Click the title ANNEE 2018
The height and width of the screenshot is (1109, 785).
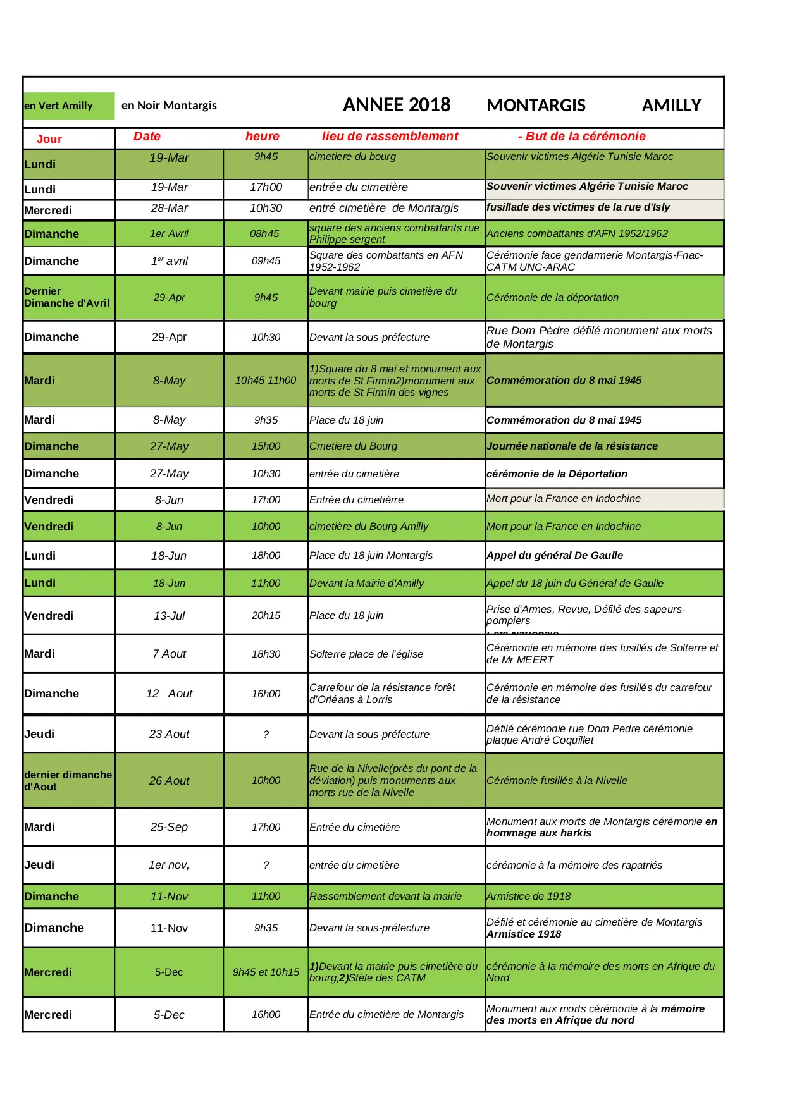397,105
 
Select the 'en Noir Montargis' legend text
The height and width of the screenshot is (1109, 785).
169,106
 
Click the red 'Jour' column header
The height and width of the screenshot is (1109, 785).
49,139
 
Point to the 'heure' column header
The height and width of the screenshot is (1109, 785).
263,137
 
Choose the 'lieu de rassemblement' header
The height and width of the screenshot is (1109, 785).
390,137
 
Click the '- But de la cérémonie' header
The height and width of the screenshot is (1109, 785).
582,137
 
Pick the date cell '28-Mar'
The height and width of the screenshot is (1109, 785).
169,209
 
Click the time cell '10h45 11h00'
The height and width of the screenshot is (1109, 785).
266,381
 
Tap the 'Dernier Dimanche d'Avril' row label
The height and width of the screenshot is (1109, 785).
67,297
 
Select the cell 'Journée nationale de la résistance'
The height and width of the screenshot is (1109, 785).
572,446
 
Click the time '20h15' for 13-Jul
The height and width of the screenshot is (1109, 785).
266,616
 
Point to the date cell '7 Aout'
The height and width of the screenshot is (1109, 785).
169,654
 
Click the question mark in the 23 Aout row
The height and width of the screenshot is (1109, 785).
266,735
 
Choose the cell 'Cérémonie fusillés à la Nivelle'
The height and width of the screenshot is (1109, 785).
557,781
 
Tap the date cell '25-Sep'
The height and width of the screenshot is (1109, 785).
169,827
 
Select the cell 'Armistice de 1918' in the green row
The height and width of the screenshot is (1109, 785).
528,897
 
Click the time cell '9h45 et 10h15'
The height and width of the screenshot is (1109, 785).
266,972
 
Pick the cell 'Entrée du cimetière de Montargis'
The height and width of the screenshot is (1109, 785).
386,1015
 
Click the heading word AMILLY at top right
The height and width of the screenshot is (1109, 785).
671,106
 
